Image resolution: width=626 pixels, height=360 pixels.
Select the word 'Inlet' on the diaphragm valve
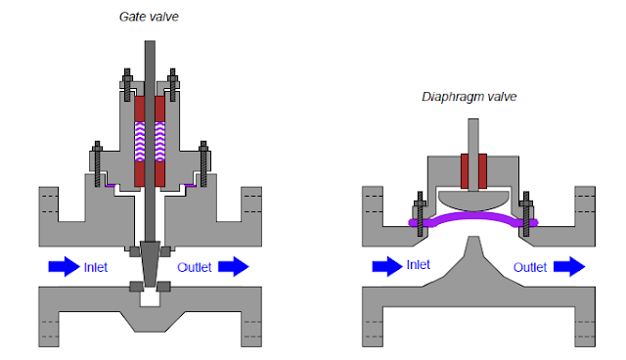418,265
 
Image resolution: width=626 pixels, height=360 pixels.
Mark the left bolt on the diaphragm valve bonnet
418,218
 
